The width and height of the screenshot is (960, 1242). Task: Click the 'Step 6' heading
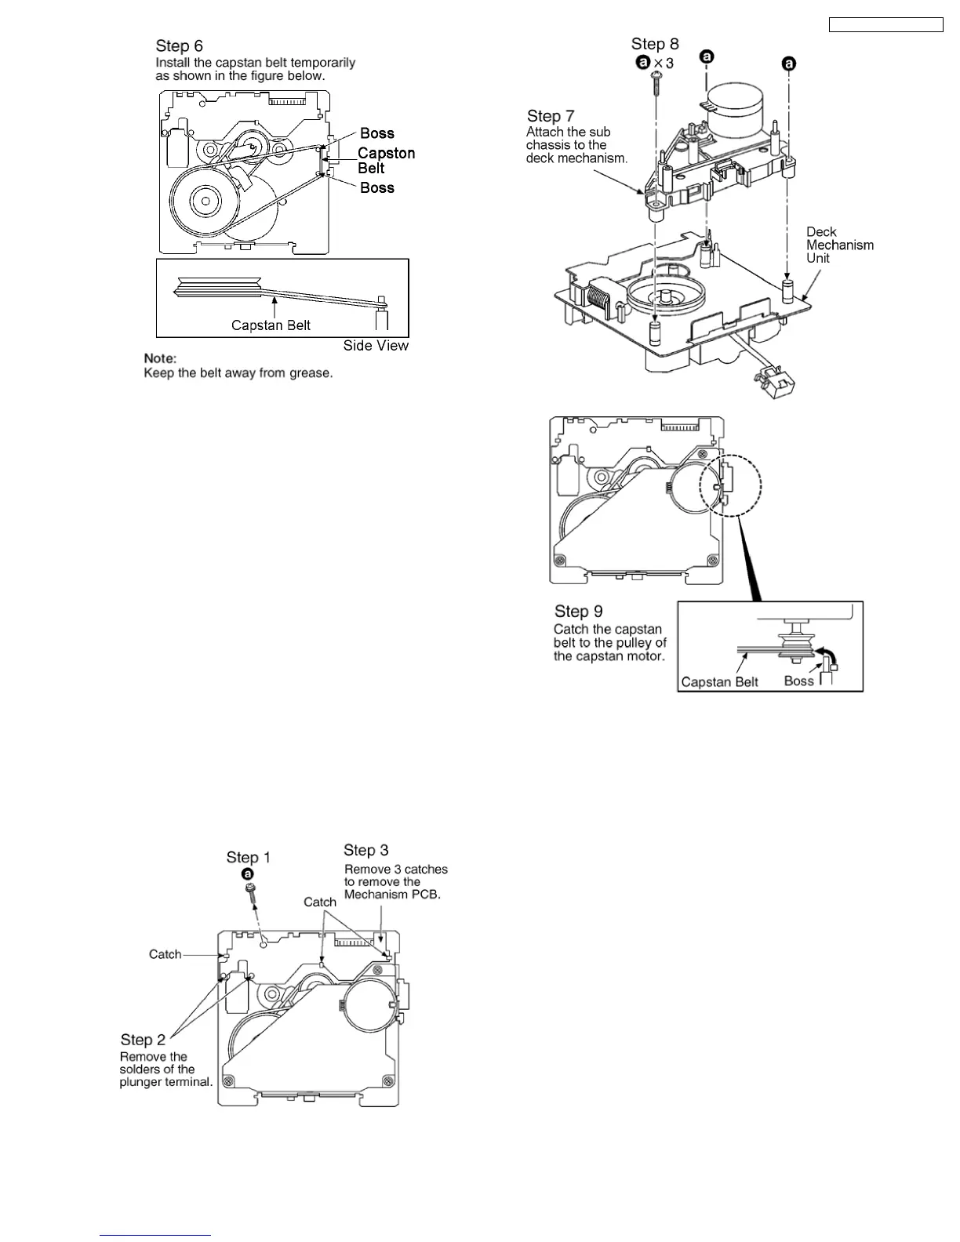coord(179,46)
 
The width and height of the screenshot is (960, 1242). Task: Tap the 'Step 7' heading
coord(551,116)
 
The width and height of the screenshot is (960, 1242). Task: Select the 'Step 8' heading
coord(655,44)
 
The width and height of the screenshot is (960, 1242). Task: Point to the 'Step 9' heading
coord(578,612)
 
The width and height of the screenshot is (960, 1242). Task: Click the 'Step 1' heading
coord(248,857)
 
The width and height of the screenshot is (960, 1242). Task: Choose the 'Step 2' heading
coord(143,1040)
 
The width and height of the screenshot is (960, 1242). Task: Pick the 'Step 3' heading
coord(365,850)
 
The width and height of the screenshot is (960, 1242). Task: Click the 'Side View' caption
coord(376,346)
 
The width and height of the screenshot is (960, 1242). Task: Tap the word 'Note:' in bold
coord(160,358)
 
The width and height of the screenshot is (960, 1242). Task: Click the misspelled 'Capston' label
coord(386,154)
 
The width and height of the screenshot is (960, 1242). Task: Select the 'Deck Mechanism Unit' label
coord(839,245)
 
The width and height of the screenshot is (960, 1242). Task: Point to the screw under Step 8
coord(656,78)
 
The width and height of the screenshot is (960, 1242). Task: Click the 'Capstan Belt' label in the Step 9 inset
coord(719,681)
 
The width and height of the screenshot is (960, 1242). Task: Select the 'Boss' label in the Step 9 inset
coord(798,681)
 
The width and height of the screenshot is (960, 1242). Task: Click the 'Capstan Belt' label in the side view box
coord(271,325)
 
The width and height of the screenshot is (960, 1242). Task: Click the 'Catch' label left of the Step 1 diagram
coord(165,954)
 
